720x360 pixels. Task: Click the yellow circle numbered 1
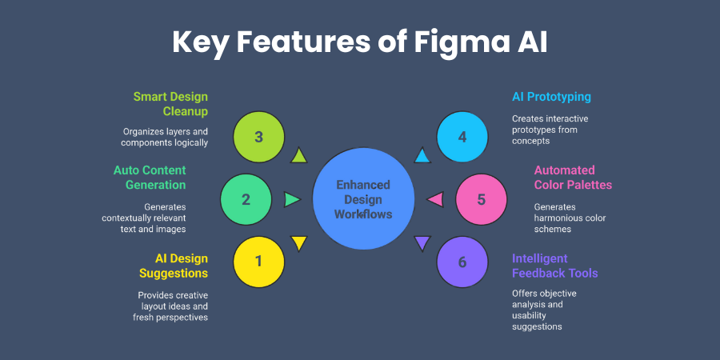click(x=258, y=261)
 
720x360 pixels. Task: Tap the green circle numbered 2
click(x=246, y=198)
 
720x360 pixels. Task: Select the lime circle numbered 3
click(x=258, y=137)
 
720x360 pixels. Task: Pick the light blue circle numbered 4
click(x=462, y=137)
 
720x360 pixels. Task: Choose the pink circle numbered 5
click(x=481, y=198)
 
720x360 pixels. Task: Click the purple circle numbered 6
click(x=462, y=261)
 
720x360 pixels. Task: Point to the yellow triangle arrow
click(x=298, y=242)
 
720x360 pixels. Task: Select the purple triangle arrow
click(x=422, y=242)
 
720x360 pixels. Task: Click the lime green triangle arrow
click(x=298, y=155)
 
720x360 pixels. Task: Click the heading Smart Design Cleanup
click(x=170, y=104)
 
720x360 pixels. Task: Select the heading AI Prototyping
click(x=551, y=97)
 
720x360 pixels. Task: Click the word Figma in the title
click(x=455, y=42)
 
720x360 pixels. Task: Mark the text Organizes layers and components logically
click(x=165, y=137)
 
